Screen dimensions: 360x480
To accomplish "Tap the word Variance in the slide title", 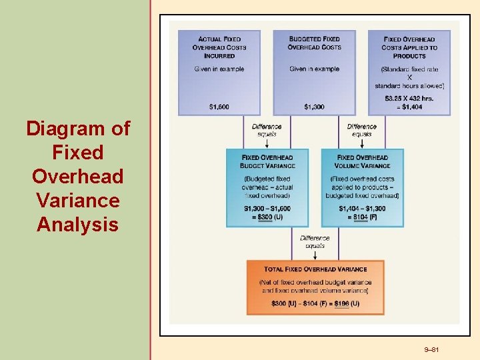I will tap(78, 200).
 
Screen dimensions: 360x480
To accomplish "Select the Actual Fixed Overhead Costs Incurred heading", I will tap(219, 47).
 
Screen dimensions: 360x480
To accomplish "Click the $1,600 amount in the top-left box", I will tap(219, 107).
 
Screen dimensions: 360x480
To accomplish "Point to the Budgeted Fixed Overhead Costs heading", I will tap(314, 43).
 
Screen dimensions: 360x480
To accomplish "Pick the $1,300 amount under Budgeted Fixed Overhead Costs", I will tap(314, 107).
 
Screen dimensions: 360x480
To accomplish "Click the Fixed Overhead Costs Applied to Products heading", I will tap(409, 47).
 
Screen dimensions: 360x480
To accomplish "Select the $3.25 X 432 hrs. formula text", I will tap(409, 98).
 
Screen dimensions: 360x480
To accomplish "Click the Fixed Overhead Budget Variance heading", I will tap(267, 161).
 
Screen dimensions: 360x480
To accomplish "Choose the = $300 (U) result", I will tap(267, 217).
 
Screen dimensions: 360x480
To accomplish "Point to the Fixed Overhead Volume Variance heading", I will tap(363, 161).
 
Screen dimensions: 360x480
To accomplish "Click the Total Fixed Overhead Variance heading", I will tap(315, 269).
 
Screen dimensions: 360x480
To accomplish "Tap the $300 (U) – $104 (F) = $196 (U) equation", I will tap(315, 304).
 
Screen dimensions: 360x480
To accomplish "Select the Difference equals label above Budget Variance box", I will tap(267, 130).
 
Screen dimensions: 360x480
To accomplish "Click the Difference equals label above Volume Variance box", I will tap(362, 130).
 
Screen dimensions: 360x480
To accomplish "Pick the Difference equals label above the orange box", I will tap(315, 241).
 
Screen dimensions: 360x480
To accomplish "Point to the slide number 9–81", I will tap(433, 351).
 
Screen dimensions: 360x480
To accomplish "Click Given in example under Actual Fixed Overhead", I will tap(219, 69).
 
